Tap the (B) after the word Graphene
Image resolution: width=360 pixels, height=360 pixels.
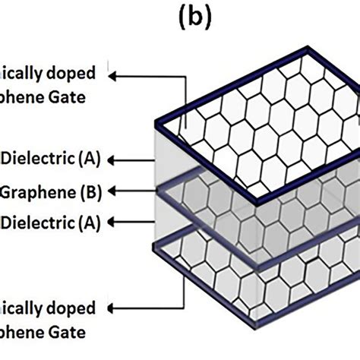pyautogui.click(x=88, y=190)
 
